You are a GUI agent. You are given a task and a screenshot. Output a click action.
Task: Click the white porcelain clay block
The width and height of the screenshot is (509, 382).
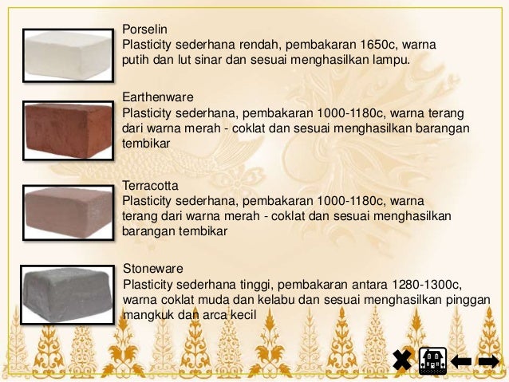pyautogui.click(x=68, y=55)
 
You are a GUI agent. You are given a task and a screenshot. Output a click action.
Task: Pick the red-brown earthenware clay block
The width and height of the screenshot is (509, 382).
pyautogui.click(x=67, y=127)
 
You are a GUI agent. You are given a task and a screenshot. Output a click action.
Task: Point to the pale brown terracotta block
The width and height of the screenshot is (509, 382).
pyautogui.click(x=68, y=211)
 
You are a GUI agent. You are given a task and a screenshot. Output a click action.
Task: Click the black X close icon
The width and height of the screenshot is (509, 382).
pyautogui.click(x=403, y=361)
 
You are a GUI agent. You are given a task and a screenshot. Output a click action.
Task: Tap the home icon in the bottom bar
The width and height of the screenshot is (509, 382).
pyautogui.click(x=432, y=361)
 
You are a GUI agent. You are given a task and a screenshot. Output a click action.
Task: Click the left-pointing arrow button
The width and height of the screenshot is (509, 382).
pyautogui.click(x=461, y=361)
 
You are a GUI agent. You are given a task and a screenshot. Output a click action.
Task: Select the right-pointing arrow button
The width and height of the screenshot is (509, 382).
pyautogui.click(x=488, y=361)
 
